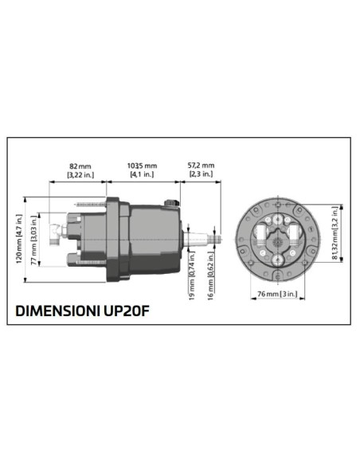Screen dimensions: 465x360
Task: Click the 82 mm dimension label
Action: click(77, 166)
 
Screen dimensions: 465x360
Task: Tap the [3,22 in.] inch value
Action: click(77, 174)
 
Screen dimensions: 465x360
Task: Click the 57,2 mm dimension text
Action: click(200, 166)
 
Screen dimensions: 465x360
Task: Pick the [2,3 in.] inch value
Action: click(200, 174)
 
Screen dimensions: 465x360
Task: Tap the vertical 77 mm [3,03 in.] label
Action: click(33, 239)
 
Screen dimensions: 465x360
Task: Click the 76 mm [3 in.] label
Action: click(279, 294)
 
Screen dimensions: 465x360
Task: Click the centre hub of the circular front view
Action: click(279, 237)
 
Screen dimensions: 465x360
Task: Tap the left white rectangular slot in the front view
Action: click(264, 232)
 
